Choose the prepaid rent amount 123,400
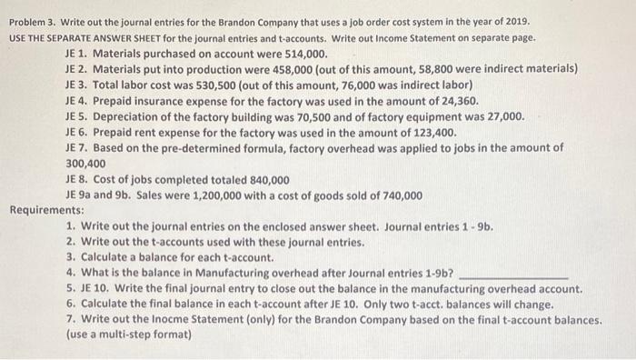(431, 132)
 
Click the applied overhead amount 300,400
(86, 163)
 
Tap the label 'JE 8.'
(78, 179)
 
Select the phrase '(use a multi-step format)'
(129, 335)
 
